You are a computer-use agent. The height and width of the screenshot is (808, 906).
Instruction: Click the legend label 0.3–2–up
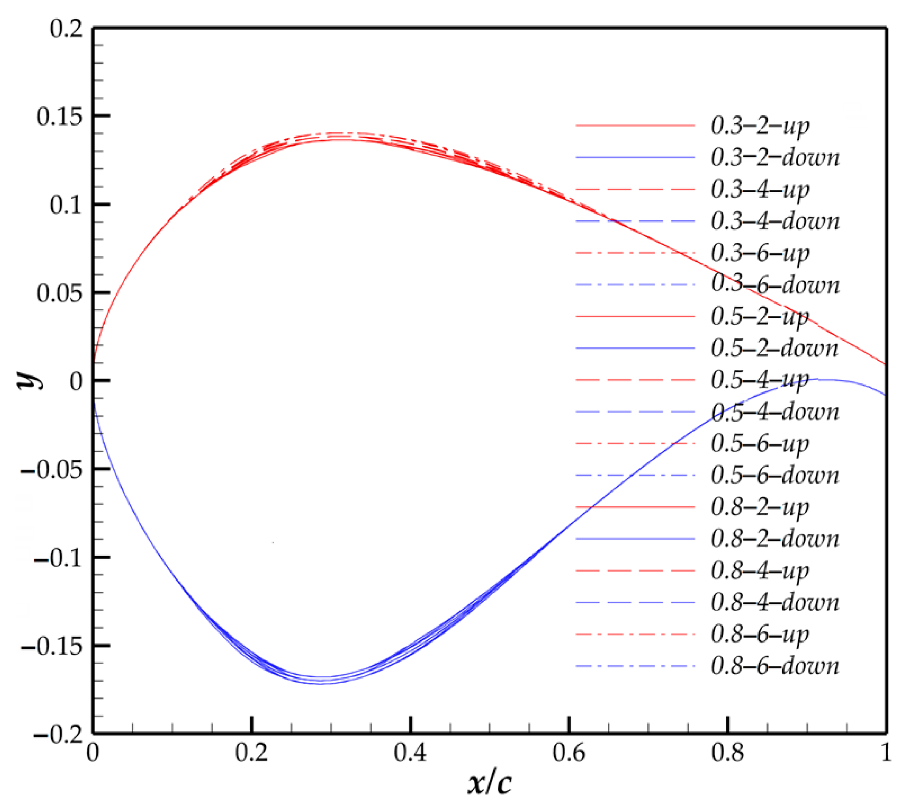tap(760, 126)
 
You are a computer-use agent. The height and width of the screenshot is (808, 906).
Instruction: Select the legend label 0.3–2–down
tap(775, 157)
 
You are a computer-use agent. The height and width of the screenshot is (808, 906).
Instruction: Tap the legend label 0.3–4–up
tap(760, 190)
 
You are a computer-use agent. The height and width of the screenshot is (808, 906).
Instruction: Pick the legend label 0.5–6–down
tap(775, 476)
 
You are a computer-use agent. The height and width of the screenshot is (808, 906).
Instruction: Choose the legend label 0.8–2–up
tap(760, 508)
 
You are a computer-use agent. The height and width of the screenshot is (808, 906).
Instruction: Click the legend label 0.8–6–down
tap(775, 666)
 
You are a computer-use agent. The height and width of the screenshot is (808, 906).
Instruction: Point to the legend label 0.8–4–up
tap(760, 571)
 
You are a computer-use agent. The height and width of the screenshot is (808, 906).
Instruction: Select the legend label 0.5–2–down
tap(775, 349)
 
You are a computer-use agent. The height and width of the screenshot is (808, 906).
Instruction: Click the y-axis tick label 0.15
tap(60, 116)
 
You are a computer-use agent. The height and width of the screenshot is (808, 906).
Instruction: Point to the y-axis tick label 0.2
tap(66, 29)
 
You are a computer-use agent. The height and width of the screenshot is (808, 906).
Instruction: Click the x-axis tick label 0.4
tap(410, 753)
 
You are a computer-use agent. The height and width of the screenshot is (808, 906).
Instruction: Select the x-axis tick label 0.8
tap(727, 753)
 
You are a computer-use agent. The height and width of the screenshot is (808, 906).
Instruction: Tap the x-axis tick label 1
tap(885, 753)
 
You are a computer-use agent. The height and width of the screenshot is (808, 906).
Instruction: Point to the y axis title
tap(29, 380)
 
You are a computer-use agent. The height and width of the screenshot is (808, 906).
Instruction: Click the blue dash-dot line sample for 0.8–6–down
tap(635, 666)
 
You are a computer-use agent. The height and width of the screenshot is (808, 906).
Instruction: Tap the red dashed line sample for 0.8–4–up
tap(635, 571)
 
